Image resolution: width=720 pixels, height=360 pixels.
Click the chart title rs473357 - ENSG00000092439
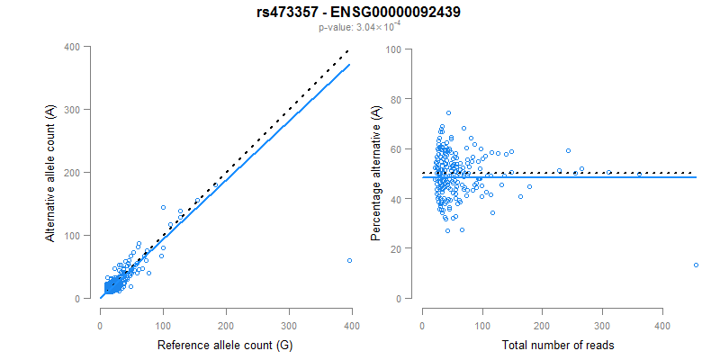[359, 12]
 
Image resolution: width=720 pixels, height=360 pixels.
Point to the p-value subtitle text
[359, 28]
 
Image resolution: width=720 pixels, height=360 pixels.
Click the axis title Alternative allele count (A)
[52, 172]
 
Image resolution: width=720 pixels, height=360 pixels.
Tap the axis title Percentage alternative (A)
[376, 172]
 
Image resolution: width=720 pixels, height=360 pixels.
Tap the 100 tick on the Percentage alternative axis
[394, 49]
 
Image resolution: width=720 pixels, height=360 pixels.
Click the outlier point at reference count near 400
[349, 260]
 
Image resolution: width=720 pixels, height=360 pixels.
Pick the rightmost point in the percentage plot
[696, 265]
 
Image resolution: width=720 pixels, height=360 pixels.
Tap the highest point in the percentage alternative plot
[448, 113]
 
